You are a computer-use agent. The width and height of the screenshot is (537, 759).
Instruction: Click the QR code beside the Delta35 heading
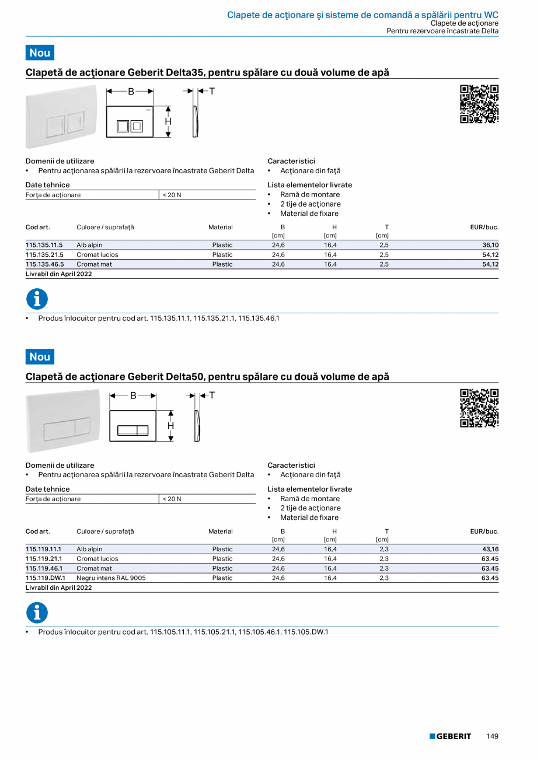click(479, 104)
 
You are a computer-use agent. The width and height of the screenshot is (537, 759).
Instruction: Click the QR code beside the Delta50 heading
click(479, 408)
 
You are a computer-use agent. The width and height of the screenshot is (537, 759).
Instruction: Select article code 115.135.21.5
click(44, 255)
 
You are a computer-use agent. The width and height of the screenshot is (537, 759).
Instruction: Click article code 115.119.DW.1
click(46, 578)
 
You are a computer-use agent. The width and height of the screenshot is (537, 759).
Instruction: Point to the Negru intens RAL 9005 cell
click(111, 578)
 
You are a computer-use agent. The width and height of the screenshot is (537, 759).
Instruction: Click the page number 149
click(492, 736)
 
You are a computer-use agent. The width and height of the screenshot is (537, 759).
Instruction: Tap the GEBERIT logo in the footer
click(450, 736)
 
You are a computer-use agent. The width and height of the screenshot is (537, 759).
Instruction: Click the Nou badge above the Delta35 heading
click(40, 53)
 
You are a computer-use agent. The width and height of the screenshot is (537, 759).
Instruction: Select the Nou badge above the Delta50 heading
click(40, 356)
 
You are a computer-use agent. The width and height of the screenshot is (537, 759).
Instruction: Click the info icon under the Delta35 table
click(37, 299)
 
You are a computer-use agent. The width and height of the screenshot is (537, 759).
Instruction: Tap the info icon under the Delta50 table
click(37, 613)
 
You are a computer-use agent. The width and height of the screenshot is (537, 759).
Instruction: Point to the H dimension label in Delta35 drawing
click(168, 121)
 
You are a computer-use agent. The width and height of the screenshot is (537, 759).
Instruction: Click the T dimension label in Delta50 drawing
click(212, 396)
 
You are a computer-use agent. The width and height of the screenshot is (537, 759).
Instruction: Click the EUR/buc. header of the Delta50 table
click(484, 531)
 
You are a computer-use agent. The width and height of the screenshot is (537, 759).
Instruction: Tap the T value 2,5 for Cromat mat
click(383, 264)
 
